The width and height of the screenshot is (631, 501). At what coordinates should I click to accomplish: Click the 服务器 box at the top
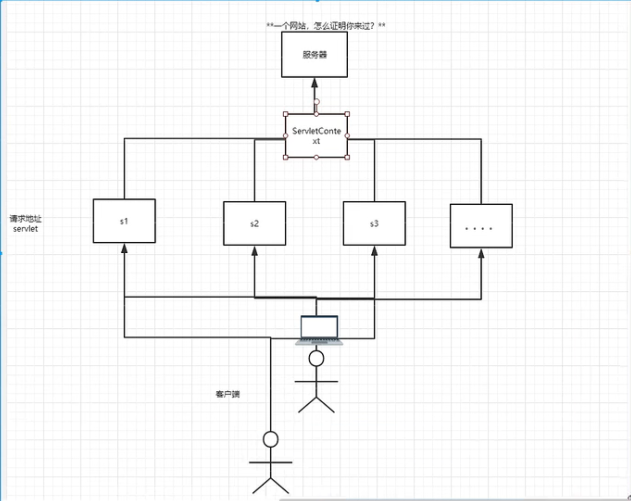coord(314,55)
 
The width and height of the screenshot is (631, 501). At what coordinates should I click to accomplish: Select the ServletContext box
coord(316,136)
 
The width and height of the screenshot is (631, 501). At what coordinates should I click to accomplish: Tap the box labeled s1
coord(124,221)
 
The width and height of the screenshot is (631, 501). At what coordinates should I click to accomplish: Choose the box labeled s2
coord(254,223)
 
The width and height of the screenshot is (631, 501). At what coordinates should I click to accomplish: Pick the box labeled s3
coord(374,223)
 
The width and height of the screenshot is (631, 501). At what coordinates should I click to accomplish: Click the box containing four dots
coord(481,226)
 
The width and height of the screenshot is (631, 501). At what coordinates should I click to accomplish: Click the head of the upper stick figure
coord(316,358)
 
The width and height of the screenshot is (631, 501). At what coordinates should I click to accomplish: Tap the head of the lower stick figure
coord(270,439)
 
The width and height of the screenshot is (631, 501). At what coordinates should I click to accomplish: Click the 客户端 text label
coord(228,394)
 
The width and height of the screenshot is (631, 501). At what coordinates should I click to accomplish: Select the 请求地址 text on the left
coord(25,219)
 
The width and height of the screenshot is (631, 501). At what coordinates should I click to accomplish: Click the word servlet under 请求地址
coord(25,229)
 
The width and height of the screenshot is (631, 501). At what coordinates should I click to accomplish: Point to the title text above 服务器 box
coord(325,26)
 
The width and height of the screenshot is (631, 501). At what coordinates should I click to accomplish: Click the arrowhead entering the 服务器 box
coord(314,83)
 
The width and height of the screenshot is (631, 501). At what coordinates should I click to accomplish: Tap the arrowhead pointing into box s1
coord(124,248)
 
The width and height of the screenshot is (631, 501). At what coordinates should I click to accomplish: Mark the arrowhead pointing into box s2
coord(254,251)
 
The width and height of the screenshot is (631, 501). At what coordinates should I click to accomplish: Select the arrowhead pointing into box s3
coord(374,251)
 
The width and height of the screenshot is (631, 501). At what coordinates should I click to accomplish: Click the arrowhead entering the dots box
coord(481,253)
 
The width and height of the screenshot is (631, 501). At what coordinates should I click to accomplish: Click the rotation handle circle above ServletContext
coord(317,101)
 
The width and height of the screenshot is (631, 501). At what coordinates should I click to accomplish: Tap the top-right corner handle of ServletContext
coord(347,114)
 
